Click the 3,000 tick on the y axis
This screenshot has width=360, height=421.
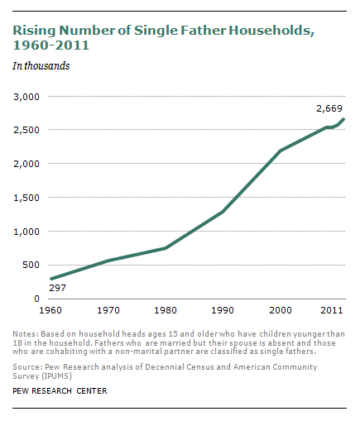(x=26, y=97)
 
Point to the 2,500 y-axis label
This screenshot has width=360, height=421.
(x=26, y=131)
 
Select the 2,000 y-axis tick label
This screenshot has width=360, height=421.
(x=26, y=164)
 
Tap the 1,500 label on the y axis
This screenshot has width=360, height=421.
(x=26, y=198)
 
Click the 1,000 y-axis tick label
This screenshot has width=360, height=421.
(x=26, y=232)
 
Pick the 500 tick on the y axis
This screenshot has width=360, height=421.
(x=31, y=265)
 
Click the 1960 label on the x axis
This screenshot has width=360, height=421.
(x=51, y=310)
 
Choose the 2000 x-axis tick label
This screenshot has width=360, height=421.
(x=281, y=310)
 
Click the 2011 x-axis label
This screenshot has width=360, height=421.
(x=332, y=310)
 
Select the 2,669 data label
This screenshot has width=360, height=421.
(x=329, y=108)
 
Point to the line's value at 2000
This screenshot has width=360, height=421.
(x=281, y=151)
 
